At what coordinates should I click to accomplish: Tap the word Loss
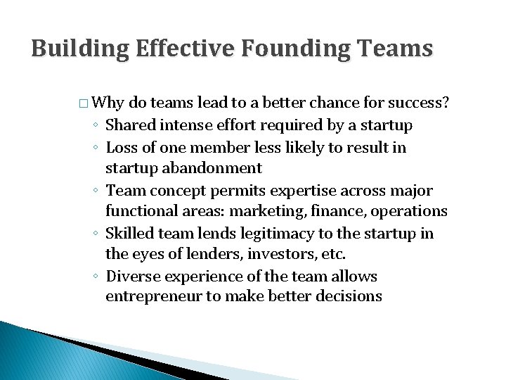point(120,147)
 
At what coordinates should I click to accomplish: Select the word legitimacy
point(264,234)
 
